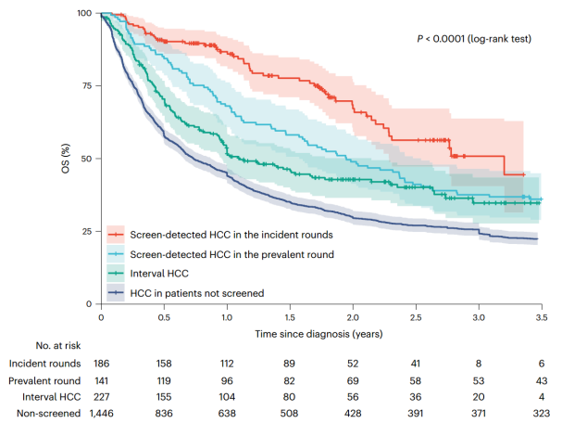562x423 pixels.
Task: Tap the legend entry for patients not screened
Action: click(x=196, y=293)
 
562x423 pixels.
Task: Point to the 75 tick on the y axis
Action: click(x=84, y=85)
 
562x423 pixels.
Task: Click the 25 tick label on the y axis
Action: click(x=84, y=231)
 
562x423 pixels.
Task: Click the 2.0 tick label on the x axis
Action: click(x=353, y=316)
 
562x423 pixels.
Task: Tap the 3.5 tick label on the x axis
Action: click(x=542, y=316)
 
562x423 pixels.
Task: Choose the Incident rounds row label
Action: click(x=45, y=362)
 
